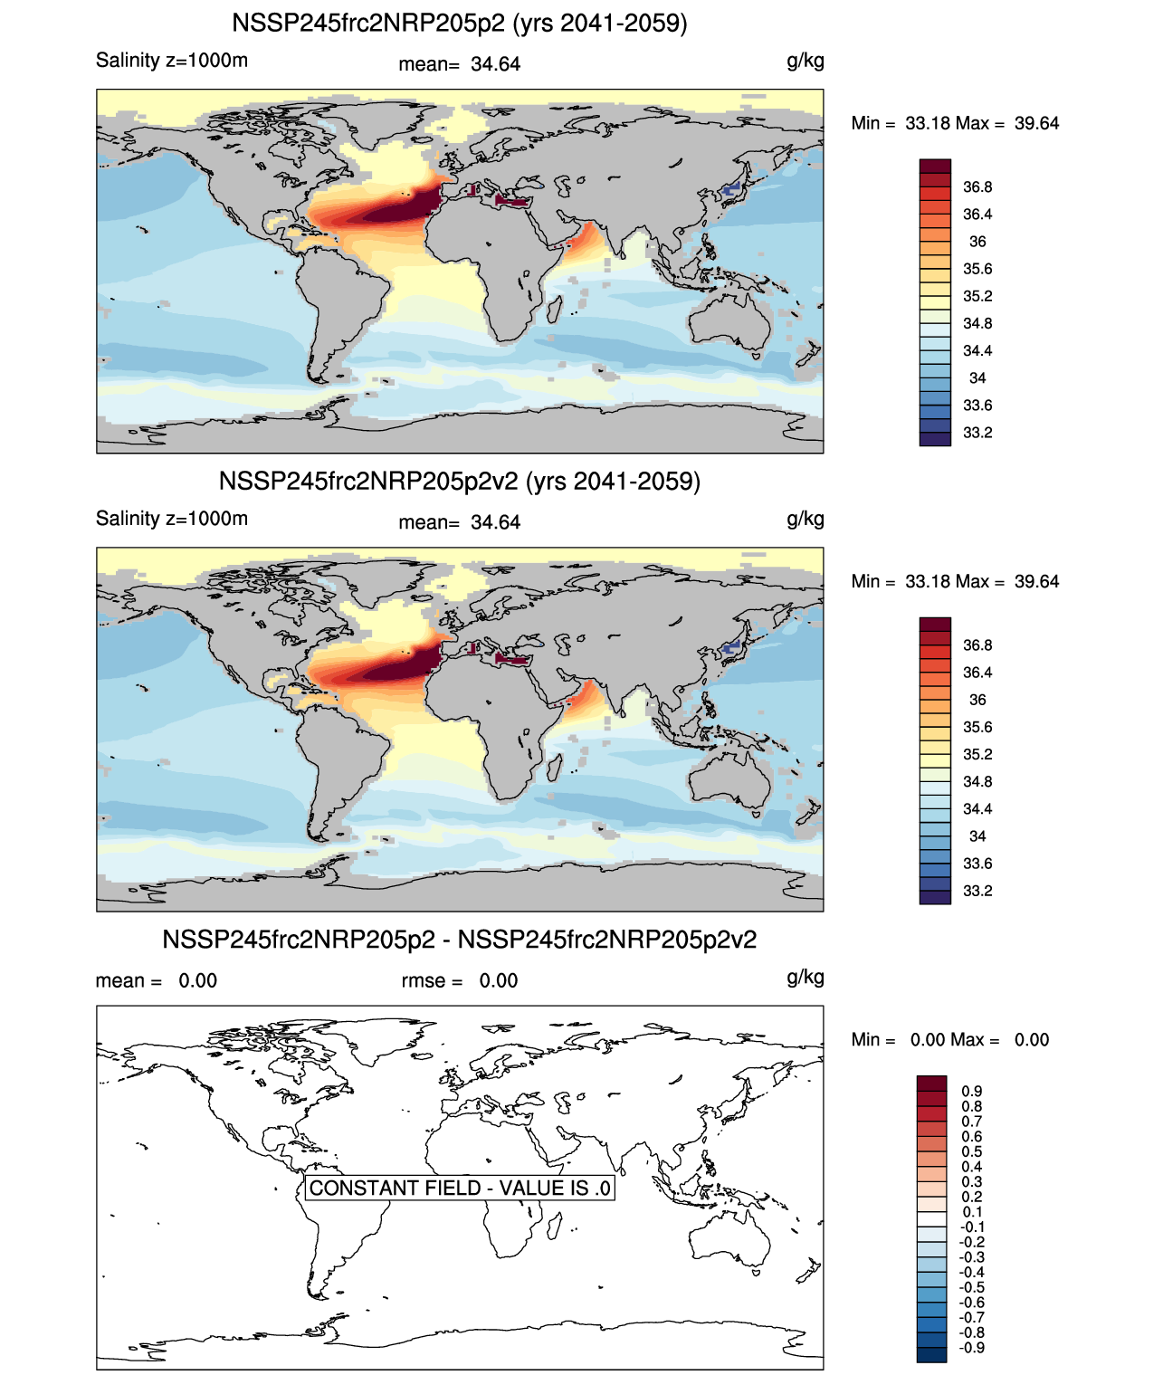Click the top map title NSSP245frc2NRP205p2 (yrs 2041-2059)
[460, 24]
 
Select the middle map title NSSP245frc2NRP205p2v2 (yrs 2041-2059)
[460, 482]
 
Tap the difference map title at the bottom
[460, 941]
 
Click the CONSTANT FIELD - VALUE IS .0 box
[460, 1188]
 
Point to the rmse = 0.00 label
[460, 981]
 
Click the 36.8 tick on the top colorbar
[977, 187]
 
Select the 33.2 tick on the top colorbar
[977, 433]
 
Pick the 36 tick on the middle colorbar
[977, 700]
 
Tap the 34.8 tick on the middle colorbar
[977, 782]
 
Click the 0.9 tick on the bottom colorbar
[972, 1092]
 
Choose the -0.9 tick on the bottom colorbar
[972, 1348]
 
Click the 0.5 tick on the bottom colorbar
[972, 1152]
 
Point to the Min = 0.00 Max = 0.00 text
[950, 1040]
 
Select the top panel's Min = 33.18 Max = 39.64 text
[955, 124]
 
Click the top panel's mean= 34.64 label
[460, 64]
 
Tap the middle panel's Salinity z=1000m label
[172, 519]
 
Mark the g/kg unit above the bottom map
[805, 978]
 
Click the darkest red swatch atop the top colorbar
[935, 167]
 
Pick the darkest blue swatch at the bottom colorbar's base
[931, 1355]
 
